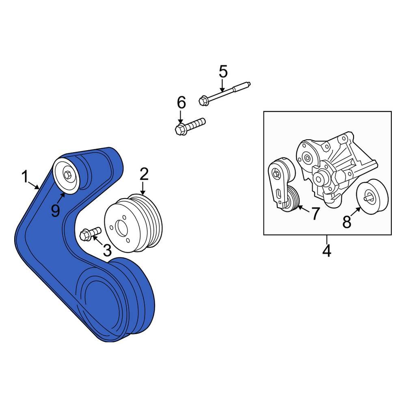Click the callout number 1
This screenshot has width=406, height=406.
(x=25, y=177)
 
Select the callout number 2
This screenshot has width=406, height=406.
(x=144, y=175)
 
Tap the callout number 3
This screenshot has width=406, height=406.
(x=107, y=250)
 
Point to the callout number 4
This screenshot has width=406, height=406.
(x=327, y=251)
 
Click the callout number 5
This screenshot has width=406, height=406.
(x=223, y=72)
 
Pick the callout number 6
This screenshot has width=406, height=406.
(x=181, y=103)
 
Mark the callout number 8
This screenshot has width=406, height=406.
(x=347, y=222)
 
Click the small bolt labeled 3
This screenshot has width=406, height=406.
(x=91, y=233)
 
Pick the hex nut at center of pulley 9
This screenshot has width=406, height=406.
(x=68, y=175)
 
